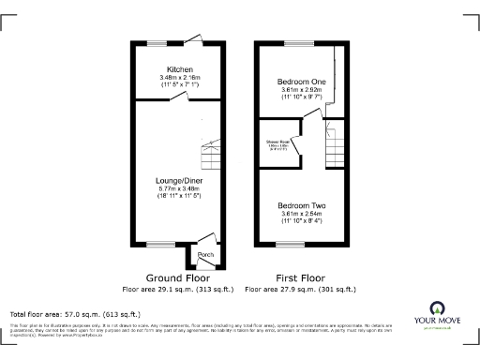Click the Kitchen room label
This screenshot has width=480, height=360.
(180, 70)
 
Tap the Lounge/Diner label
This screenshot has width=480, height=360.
(180, 181)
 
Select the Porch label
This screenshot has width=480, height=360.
(206, 255)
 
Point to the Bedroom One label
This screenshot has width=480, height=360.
(301, 82)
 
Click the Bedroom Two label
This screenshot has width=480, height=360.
(301, 205)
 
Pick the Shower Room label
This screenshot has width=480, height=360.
(277, 142)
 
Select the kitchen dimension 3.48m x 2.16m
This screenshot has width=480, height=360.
(180, 78)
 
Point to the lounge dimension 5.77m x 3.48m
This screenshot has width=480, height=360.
(180, 189)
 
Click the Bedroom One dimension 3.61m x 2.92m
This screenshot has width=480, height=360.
(301, 90)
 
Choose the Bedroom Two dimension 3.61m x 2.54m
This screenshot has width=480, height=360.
(301, 214)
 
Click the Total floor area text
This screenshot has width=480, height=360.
(75, 314)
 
